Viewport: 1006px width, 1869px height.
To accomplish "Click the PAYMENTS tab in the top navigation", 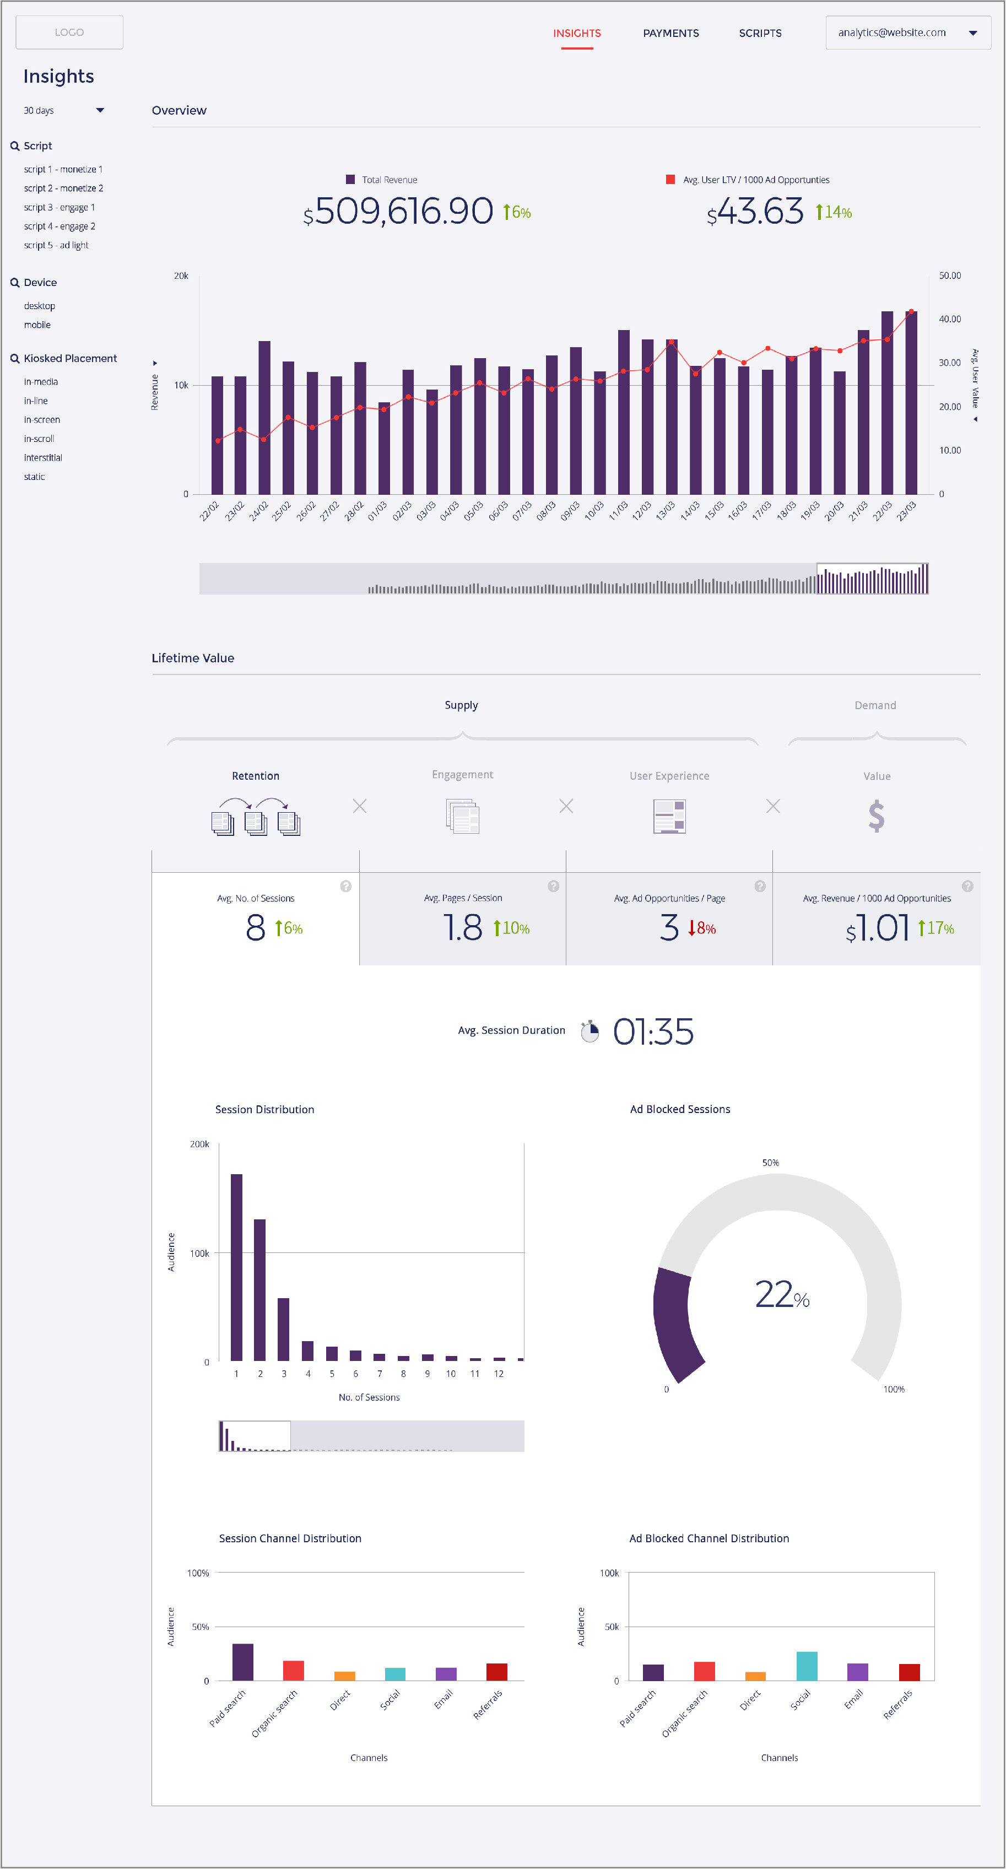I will tap(670, 34).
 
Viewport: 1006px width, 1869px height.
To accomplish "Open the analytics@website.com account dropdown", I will tap(907, 33).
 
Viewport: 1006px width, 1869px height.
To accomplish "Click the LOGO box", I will tap(69, 33).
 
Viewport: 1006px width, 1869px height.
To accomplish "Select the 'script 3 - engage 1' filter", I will tap(60, 208).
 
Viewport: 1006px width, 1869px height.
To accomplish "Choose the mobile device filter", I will tap(37, 325).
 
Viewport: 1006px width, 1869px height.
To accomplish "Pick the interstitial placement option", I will tap(43, 458).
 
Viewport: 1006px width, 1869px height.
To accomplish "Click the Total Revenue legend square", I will tap(350, 179).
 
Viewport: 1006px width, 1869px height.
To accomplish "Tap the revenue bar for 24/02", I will tap(264, 418).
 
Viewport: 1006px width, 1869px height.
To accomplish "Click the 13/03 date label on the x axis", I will tap(664, 511).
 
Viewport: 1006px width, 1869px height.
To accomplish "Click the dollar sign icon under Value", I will tap(876, 816).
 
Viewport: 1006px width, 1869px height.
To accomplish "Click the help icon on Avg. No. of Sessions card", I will tap(346, 886).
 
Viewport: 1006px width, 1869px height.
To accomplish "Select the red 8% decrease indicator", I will tap(701, 928).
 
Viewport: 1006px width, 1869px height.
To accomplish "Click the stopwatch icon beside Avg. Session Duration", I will tap(589, 1031).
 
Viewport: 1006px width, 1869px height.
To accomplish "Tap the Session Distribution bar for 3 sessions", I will tap(284, 1329).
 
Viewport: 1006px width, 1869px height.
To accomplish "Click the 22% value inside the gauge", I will tap(782, 1295).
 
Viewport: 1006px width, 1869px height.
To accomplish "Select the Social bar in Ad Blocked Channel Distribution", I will tap(807, 1665).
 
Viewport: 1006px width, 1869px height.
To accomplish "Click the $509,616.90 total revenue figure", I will tap(404, 211).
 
